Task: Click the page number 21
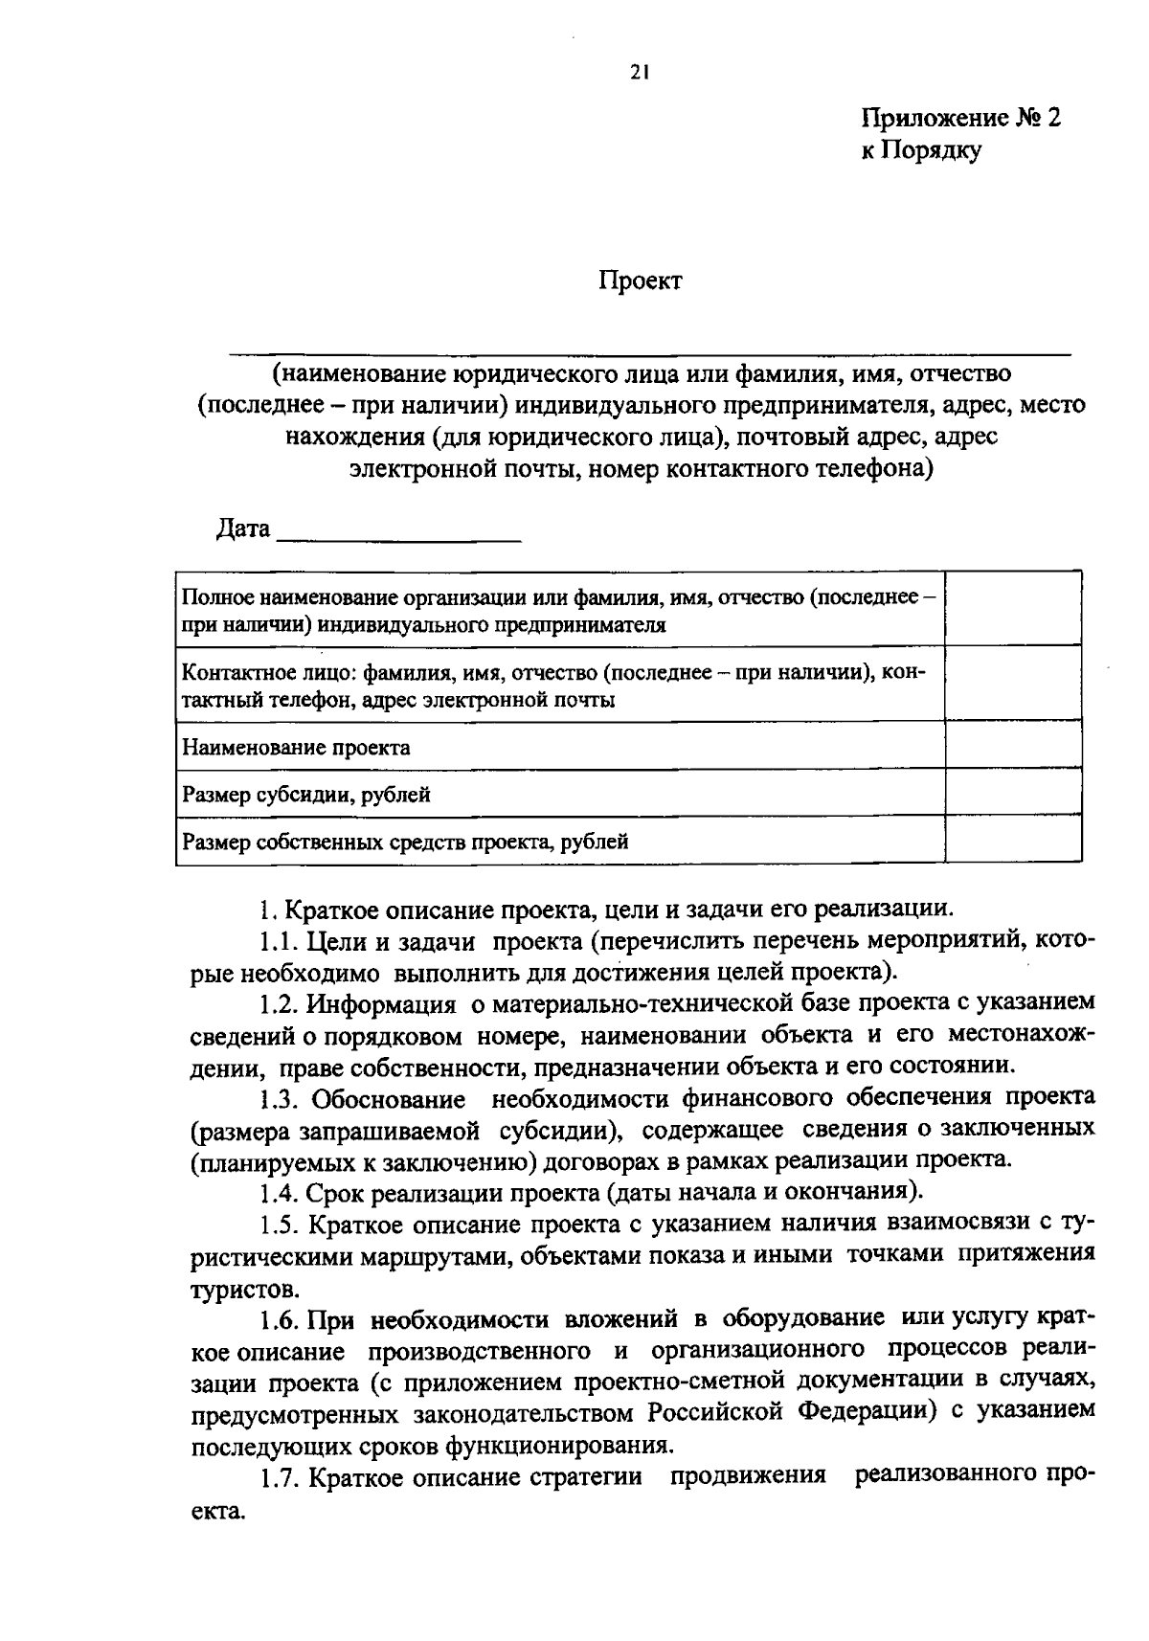tap(640, 70)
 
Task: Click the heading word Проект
tap(641, 281)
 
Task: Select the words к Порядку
tap(920, 150)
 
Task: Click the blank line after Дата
tap(398, 532)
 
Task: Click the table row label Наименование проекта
tap(296, 748)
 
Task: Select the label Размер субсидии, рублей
tap(305, 795)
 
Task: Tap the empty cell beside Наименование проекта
tap(1012, 745)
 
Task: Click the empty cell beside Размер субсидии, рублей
tap(1012, 793)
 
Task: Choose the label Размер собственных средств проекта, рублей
tap(405, 843)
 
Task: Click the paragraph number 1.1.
tap(278, 942)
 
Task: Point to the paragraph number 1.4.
tap(279, 1193)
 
